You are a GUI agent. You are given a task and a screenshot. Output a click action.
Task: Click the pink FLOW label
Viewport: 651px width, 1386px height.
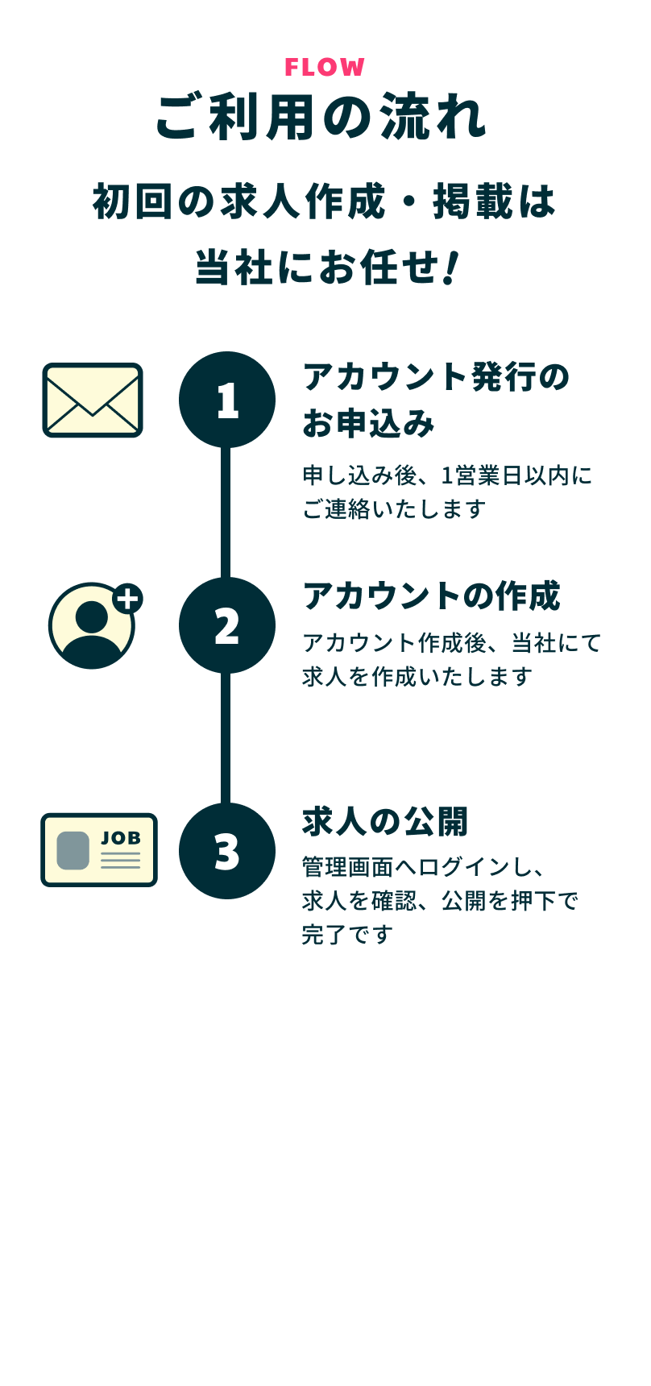point(325,67)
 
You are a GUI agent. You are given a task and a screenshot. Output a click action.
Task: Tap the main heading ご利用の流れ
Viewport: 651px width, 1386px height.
point(321,118)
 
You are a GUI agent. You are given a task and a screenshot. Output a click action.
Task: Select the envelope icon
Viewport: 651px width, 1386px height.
point(93,400)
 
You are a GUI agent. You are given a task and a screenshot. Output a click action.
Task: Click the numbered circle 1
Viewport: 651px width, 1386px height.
point(227,400)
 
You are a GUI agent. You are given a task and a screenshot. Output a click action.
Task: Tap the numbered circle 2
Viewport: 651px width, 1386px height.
point(227,625)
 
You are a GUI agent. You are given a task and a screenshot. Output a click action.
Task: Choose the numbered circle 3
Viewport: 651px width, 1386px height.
point(227,851)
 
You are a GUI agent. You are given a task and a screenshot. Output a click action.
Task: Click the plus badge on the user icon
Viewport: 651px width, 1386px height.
point(127,599)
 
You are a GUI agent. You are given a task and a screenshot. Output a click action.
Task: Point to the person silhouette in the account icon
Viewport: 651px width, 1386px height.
point(91,634)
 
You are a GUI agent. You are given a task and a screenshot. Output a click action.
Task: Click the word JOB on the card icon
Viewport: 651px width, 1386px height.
point(121,838)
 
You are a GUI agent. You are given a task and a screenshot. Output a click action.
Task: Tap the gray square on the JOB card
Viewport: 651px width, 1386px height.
point(73,850)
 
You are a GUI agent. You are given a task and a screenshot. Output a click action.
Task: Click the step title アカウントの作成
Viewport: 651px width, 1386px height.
point(431,596)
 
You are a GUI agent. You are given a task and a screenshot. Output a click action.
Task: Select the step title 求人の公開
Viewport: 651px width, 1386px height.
point(385,822)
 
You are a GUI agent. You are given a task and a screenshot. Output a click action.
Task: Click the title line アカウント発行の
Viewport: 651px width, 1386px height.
point(436,377)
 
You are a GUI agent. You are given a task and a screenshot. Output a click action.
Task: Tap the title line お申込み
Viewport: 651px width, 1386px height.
point(368,423)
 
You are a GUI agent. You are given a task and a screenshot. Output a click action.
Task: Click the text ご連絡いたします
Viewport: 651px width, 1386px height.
point(394,509)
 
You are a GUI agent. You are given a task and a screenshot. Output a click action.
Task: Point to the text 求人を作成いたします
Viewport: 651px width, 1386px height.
point(417,677)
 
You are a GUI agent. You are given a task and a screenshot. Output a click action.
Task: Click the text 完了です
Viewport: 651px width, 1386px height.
point(347,935)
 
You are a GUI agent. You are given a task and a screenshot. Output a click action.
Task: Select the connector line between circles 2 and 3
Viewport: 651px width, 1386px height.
point(226,738)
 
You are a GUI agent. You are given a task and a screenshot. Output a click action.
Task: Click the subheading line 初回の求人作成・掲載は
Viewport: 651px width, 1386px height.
point(324,201)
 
